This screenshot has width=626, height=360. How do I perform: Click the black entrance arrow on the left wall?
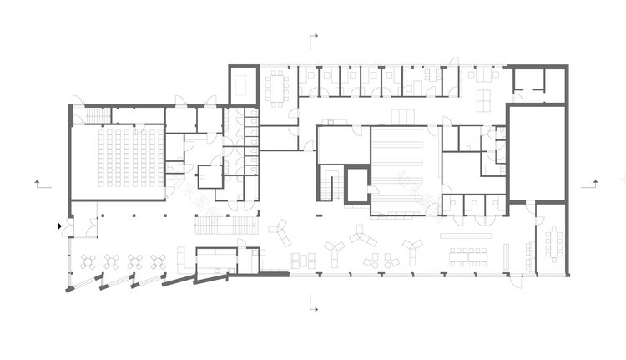tap(60, 226)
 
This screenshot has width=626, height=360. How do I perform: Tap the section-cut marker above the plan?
tap(314, 39)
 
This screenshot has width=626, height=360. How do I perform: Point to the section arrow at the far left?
tap(38, 181)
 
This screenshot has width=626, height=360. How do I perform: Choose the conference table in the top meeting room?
tap(276, 86)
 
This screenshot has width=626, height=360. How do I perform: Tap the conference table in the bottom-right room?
tap(553, 244)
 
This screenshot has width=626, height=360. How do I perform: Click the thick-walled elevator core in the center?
tap(357, 185)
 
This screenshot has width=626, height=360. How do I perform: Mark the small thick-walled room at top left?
tap(242, 85)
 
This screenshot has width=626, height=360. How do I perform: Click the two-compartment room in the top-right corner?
tap(538, 80)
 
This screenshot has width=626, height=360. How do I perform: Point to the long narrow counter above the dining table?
tap(467, 236)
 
